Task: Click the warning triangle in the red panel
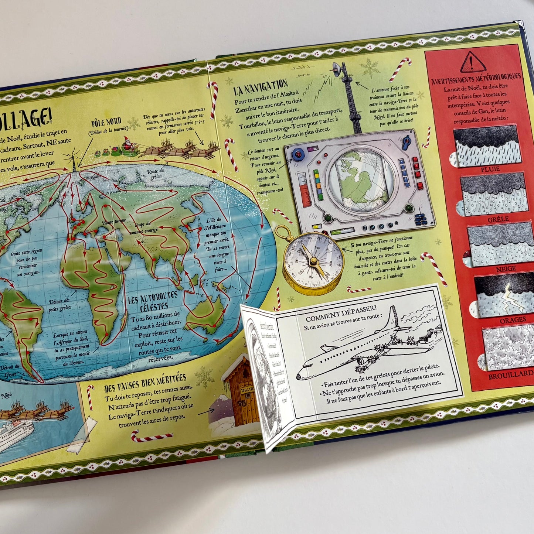pyautogui.click(x=473, y=62)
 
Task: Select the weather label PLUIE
pyautogui.click(x=490, y=169)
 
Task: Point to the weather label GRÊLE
pyautogui.click(x=498, y=219)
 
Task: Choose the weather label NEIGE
pyautogui.click(x=506, y=269)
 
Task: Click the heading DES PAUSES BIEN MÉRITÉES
pyautogui.click(x=145, y=383)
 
